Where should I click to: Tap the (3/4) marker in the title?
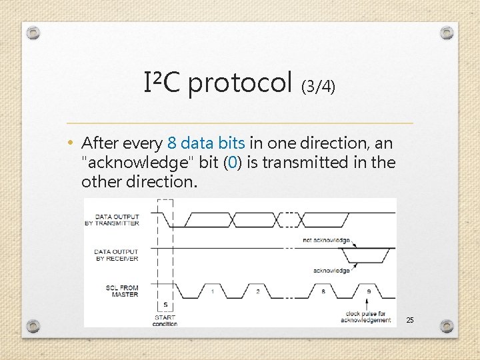pyautogui.click(x=319, y=86)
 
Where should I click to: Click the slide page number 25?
pyautogui.click(x=410, y=321)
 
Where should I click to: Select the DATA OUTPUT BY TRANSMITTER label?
pyautogui.click(x=117, y=220)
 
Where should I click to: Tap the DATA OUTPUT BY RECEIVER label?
pyautogui.click(x=117, y=255)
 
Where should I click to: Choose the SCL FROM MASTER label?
pyautogui.click(x=121, y=291)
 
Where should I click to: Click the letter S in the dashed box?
pyautogui.click(x=165, y=304)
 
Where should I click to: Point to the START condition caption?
pyautogui.click(x=165, y=321)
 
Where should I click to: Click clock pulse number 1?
pyautogui.click(x=212, y=291)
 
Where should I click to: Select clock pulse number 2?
pyautogui.click(x=257, y=291)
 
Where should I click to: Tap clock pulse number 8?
pyautogui.click(x=324, y=291)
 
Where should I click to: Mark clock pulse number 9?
pyautogui.click(x=369, y=291)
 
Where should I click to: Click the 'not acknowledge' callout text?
pyautogui.click(x=326, y=239)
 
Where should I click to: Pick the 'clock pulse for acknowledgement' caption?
pyautogui.click(x=366, y=317)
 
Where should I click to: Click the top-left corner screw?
pyautogui.click(x=34, y=33)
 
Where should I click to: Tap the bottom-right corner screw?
pyautogui.click(x=447, y=326)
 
